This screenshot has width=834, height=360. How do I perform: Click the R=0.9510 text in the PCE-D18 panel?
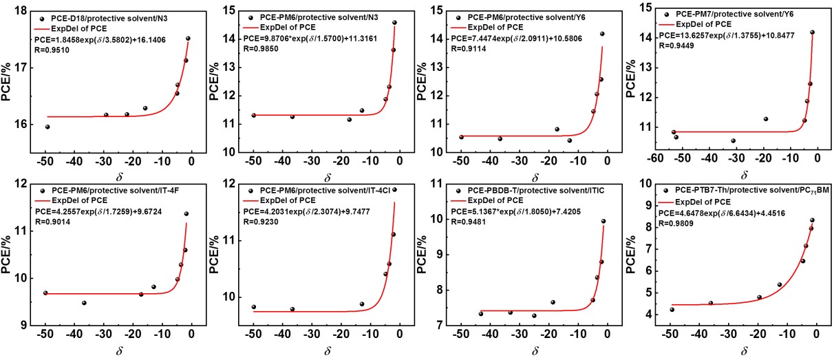tap(52, 50)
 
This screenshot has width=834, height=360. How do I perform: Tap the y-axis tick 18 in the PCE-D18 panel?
tap(20, 11)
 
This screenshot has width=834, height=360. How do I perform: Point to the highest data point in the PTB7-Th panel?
tap(812, 220)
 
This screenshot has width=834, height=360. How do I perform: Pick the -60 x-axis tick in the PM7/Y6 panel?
tap(655, 158)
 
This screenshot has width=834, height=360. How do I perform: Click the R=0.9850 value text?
tap(261, 49)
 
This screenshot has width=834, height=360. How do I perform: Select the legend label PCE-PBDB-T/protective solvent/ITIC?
tap(536, 191)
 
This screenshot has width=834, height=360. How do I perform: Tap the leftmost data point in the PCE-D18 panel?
tap(47, 127)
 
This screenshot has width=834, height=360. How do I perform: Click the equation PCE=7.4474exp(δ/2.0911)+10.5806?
tap(516, 39)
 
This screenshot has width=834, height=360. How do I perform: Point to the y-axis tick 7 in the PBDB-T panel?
tap(440, 326)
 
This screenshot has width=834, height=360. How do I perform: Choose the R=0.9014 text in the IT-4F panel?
tap(52, 222)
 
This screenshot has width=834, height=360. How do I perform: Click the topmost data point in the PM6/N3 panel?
tap(394, 22)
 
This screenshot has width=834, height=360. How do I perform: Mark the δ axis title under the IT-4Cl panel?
tap(328, 350)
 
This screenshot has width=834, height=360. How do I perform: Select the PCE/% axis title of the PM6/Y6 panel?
tap(421, 81)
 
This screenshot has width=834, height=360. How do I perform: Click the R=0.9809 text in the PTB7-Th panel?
tap(676, 224)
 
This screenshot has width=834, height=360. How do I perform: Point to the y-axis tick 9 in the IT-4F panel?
tap(23, 326)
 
